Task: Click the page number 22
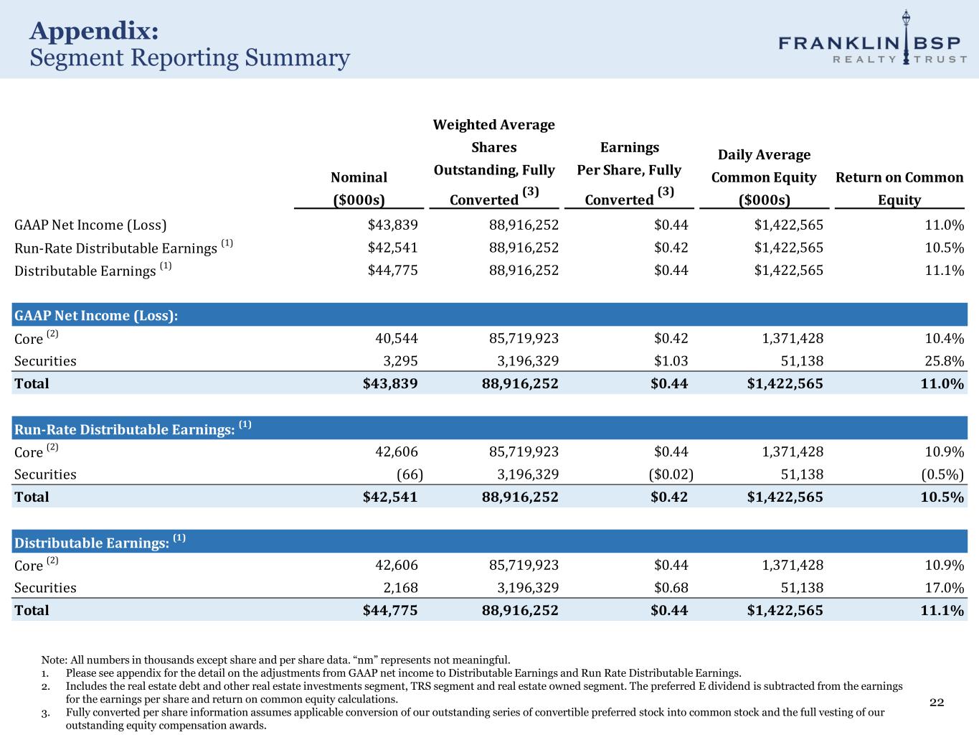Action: click(937, 702)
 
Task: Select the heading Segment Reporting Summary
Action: click(189, 57)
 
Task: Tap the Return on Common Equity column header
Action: click(899, 188)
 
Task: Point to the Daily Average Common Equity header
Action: click(764, 177)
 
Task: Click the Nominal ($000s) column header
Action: click(359, 188)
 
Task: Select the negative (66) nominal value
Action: click(410, 474)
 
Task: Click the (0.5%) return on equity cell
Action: click(942, 474)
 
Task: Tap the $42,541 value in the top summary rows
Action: click(392, 248)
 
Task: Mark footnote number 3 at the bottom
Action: click(45, 713)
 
